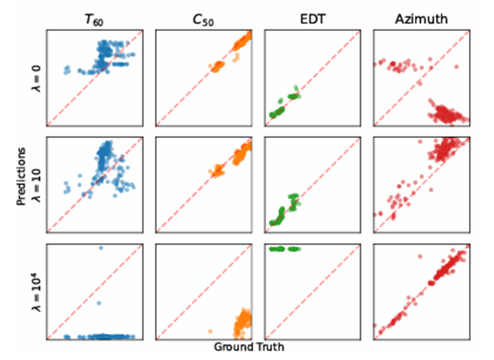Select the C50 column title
click(204, 17)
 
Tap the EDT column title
click(312, 17)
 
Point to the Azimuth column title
click(422, 17)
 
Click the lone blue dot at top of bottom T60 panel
click(101, 248)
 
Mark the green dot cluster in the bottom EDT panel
click(284, 249)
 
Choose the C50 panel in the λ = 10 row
click(204, 185)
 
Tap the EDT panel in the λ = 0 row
click(313, 78)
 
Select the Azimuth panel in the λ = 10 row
click(422, 185)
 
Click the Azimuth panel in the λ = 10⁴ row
click(422, 291)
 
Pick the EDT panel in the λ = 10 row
click(313, 185)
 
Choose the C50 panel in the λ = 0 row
click(204, 78)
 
